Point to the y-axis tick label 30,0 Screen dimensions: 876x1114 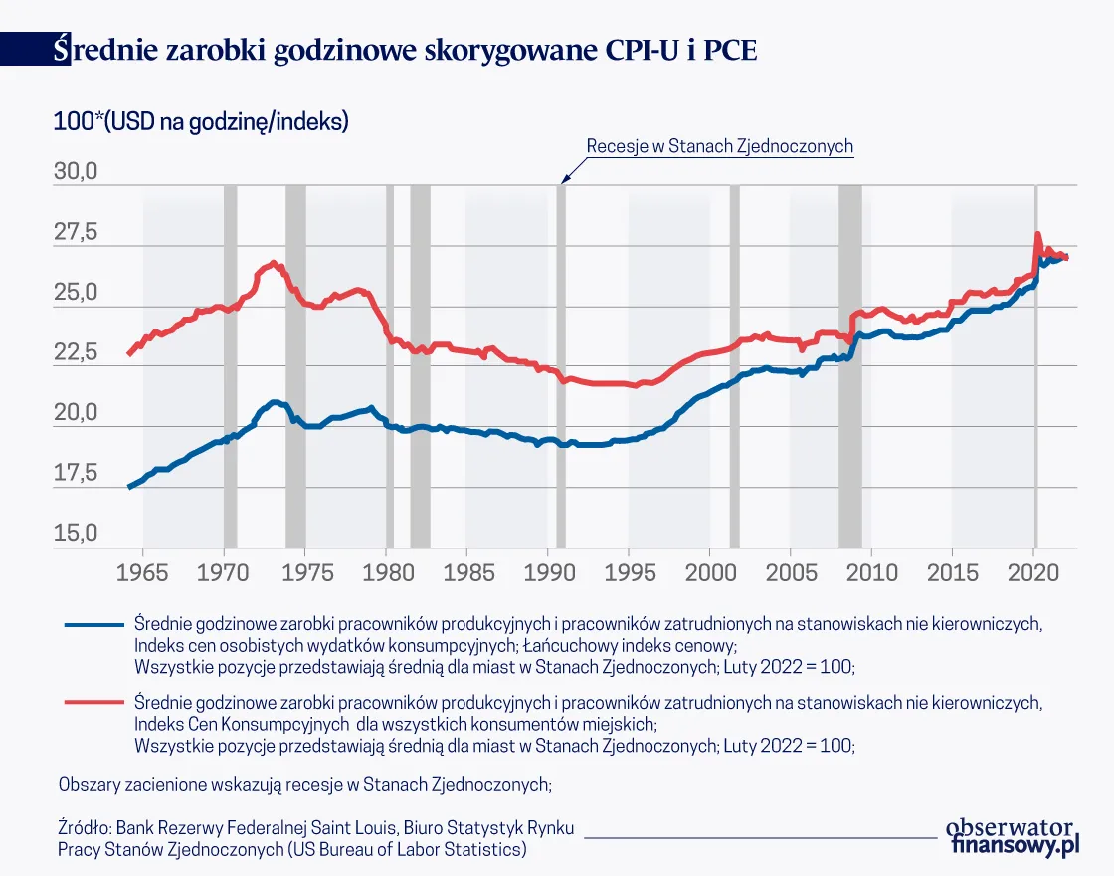click(x=76, y=171)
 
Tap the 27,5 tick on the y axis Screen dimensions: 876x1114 click(x=76, y=232)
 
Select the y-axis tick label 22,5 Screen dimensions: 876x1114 click(x=76, y=352)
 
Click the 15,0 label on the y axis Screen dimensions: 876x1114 click(x=76, y=534)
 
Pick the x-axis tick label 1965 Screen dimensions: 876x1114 click(x=143, y=575)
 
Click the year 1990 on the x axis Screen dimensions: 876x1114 click(x=547, y=575)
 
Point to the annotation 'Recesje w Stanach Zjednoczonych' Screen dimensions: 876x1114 click(x=719, y=146)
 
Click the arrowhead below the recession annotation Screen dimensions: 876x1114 click(x=563, y=178)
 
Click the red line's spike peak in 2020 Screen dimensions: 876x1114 click(x=1037, y=235)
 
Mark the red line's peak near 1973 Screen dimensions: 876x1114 click(x=274, y=264)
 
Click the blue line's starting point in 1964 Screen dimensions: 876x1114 click(x=129, y=487)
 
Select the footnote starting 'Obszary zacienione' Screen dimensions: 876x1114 click(x=304, y=783)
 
